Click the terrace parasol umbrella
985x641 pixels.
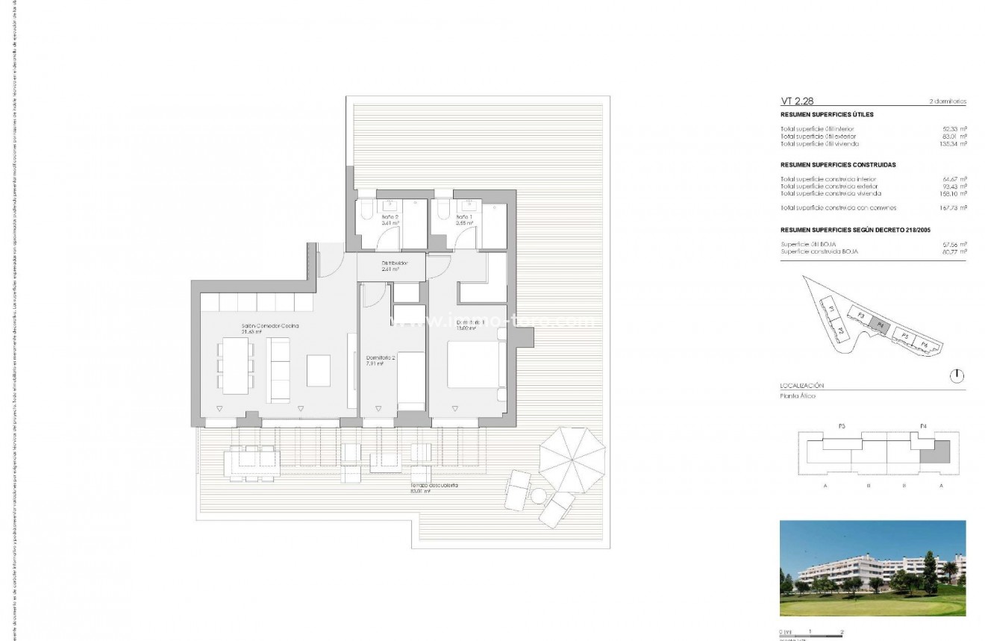point(572,459)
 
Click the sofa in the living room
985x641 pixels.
point(278,370)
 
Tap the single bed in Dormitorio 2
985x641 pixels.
point(410,381)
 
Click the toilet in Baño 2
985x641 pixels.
point(366,212)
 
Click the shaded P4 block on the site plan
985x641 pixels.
point(881,325)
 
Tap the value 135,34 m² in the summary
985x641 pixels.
point(951,143)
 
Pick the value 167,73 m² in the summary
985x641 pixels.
point(951,207)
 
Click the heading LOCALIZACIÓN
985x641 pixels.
point(801,385)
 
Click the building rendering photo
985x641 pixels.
point(872,568)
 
